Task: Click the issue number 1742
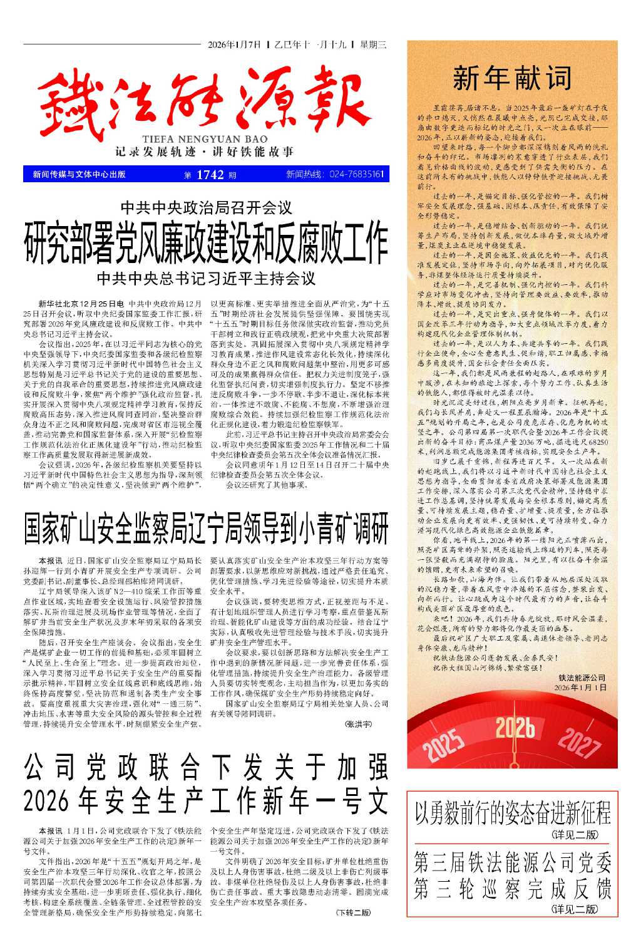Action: click(210, 175)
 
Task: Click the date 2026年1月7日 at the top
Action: click(234, 44)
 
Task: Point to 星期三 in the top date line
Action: click(373, 44)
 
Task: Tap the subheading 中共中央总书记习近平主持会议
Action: click(206, 278)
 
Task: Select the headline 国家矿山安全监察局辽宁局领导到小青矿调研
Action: click(206, 529)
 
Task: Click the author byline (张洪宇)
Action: click(358, 724)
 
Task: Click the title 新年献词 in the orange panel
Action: click(512, 78)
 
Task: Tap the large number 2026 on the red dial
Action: click(515, 728)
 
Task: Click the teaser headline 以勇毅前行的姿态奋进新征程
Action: click(512, 813)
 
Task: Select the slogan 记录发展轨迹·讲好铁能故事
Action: click(205, 152)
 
